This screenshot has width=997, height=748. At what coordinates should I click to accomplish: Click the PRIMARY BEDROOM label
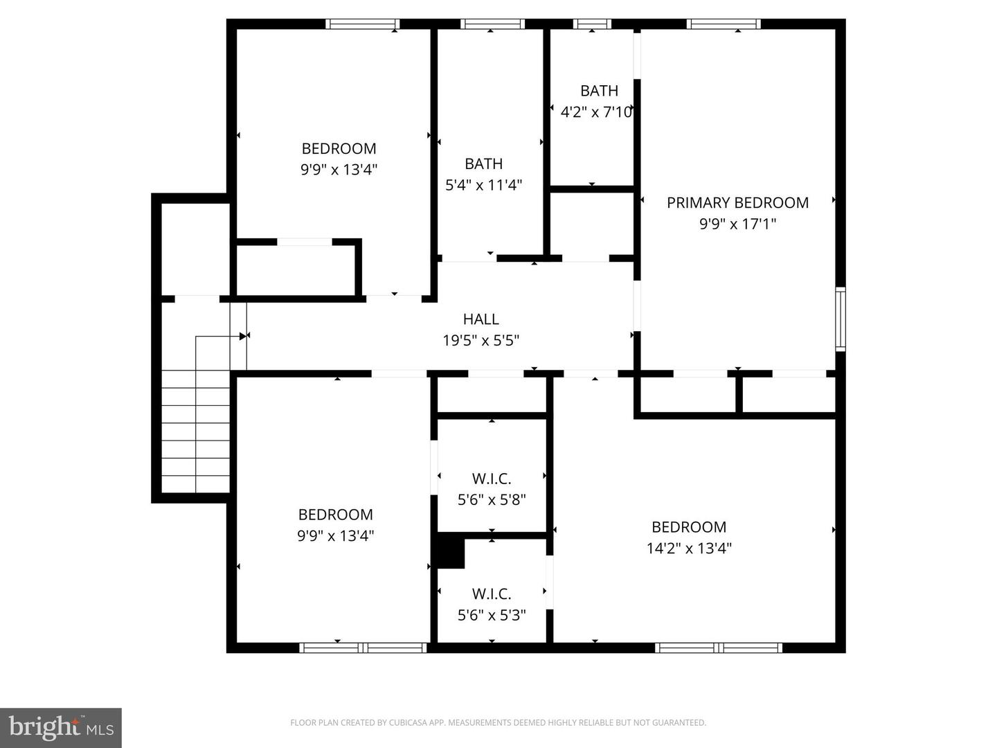pyautogui.click(x=737, y=202)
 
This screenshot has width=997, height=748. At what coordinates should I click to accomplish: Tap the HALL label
pyautogui.click(x=480, y=319)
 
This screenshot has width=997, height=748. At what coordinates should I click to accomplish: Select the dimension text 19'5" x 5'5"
pyautogui.click(x=480, y=341)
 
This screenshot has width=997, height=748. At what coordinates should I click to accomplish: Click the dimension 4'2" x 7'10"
pyautogui.click(x=596, y=112)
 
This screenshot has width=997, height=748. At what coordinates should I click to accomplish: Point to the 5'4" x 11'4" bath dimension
pyautogui.click(x=483, y=185)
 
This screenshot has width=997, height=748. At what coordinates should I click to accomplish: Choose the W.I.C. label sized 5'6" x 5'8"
pyautogui.click(x=492, y=479)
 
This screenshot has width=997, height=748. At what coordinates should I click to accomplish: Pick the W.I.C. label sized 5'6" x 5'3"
pyautogui.click(x=492, y=594)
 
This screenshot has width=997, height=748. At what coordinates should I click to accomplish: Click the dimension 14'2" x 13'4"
pyautogui.click(x=689, y=549)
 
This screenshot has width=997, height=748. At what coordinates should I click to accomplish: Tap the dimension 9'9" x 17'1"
pyautogui.click(x=737, y=224)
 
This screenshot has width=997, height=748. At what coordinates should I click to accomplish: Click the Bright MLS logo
pyautogui.click(x=61, y=727)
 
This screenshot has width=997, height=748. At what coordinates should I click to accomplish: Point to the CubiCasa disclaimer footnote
pyautogui.click(x=498, y=723)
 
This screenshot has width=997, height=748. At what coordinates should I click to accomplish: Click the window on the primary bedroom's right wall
pyautogui.click(x=841, y=319)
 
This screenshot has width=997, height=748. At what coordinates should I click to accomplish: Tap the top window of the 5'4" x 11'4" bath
pyautogui.click(x=492, y=24)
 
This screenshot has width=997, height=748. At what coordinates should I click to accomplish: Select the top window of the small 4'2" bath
pyautogui.click(x=592, y=24)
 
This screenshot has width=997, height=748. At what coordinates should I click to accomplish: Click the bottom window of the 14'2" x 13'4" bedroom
pyautogui.click(x=719, y=648)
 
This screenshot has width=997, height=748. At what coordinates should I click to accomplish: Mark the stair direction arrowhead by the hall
pyautogui.click(x=243, y=336)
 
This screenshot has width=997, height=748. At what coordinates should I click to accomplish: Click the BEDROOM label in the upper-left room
pyautogui.click(x=339, y=148)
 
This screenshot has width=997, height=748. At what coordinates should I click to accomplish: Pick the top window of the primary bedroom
pyautogui.click(x=724, y=24)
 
